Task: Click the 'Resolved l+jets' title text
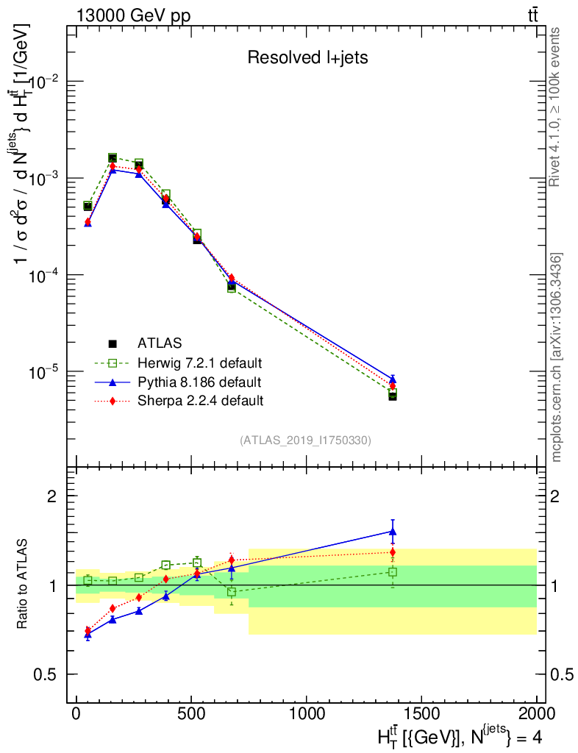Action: tap(307, 58)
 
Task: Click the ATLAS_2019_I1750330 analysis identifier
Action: tap(305, 440)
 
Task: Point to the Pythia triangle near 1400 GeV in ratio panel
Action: tap(393, 531)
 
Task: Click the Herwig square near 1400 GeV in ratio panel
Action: tap(393, 571)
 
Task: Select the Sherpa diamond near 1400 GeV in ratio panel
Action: tap(393, 552)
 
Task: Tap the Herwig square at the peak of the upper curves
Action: tap(113, 157)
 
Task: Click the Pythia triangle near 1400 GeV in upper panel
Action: tap(393, 379)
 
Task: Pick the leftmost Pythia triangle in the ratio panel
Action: tap(88, 633)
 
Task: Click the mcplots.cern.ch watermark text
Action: tap(557, 357)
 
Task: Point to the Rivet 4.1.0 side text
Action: tap(556, 107)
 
